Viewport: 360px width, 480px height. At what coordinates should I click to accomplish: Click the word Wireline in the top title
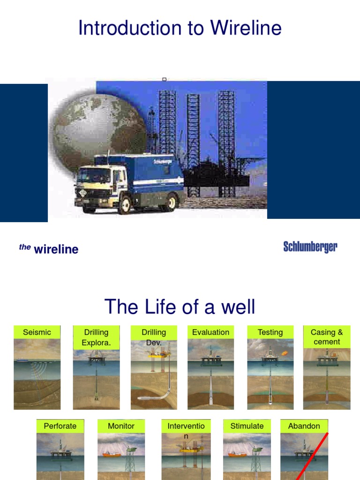click(x=246, y=28)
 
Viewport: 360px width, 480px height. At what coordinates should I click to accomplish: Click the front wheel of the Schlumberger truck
click(x=124, y=204)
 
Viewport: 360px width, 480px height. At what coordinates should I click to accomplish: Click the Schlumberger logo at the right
click(x=310, y=247)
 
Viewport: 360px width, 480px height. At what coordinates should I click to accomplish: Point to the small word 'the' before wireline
click(x=25, y=247)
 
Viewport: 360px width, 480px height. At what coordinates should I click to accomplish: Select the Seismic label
click(x=37, y=332)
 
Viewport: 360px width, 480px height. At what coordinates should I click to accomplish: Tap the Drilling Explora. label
click(x=96, y=337)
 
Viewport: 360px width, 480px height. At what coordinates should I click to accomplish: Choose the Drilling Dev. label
click(x=154, y=337)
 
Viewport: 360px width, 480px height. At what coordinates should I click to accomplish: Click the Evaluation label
click(x=211, y=332)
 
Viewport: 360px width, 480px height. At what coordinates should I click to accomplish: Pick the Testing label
click(x=270, y=332)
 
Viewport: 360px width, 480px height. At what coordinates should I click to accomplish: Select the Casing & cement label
click(x=327, y=337)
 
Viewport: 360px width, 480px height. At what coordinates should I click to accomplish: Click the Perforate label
click(x=60, y=426)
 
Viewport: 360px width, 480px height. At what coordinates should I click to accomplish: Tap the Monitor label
click(x=121, y=426)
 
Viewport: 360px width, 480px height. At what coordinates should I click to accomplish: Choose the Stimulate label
click(x=247, y=426)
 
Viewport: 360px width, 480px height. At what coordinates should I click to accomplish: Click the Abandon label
click(x=304, y=426)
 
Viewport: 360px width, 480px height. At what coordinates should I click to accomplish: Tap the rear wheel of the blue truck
click(x=170, y=202)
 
